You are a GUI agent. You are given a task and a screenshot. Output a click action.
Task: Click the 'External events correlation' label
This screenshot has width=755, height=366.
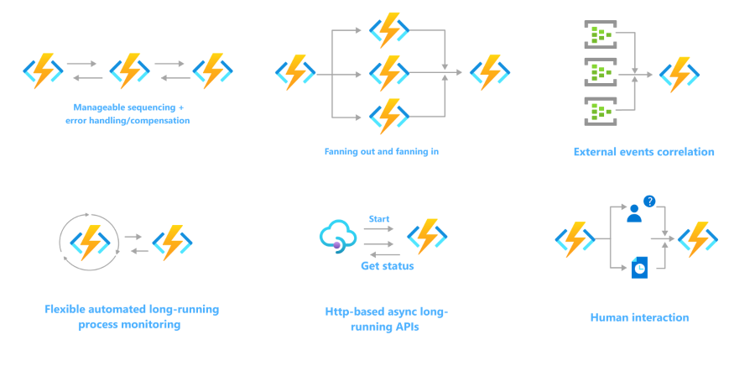pyautogui.click(x=643, y=152)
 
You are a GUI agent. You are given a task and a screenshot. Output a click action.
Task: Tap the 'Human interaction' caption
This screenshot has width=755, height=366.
pyautogui.click(x=639, y=317)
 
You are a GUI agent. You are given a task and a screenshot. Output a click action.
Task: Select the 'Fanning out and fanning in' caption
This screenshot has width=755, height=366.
pyautogui.click(x=382, y=152)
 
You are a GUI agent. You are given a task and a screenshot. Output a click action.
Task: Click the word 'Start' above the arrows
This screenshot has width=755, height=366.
pyautogui.click(x=379, y=219)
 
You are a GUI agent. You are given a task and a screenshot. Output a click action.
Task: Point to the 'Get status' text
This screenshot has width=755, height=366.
pyautogui.click(x=387, y=266)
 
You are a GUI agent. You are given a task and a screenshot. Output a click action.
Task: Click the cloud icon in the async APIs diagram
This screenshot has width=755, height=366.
pyautogui.click(x=339, y=237)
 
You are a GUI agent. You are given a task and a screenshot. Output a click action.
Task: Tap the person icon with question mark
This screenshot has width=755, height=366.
pyautogui.click(x=634, y=213)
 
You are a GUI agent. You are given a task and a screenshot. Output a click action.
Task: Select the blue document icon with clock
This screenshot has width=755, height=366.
pyautogui.click(x=639, y=267)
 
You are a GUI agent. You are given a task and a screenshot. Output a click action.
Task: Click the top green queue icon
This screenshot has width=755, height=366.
pyautogui.click(x=599, y=34)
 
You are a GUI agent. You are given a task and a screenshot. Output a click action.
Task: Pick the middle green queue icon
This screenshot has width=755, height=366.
pyautogui.click(x=599, y=73)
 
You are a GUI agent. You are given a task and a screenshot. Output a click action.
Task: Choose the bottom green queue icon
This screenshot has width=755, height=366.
pyautogui.click(x=599, y=112)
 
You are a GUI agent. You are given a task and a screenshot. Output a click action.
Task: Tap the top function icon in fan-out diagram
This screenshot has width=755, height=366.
pyautogui.click(x=388, y=31)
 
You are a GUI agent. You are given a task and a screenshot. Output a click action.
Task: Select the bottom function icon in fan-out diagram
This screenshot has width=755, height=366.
pyautogui.click(x=388, y=116)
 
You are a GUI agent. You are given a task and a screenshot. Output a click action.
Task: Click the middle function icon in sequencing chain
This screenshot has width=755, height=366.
pyautogui.click(x=129, y=71)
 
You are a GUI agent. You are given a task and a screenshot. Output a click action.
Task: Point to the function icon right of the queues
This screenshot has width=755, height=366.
pyautogui.click(x=679, y=74)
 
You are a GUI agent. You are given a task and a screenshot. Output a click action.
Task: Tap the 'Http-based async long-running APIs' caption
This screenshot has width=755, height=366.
pyautogui.click(x=387, y=319)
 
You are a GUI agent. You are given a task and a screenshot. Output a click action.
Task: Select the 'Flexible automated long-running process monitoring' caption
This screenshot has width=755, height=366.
pyautogui.click(x=132, y=316)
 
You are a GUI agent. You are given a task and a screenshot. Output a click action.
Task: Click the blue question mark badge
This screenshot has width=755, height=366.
pyautogui.click(x=648, y=201)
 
